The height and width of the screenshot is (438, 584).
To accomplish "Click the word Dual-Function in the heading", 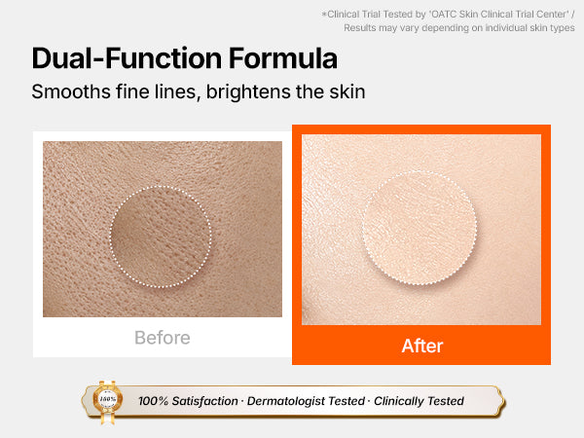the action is pos(128,58).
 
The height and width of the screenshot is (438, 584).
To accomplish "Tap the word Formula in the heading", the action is pos(283,58).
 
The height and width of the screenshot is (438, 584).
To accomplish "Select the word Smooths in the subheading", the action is pos(71,91).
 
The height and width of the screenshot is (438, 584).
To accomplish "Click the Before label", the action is pos(163,338).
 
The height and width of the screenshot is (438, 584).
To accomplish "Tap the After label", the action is pos(422,346).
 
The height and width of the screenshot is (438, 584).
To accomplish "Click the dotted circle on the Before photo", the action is pos(110,237).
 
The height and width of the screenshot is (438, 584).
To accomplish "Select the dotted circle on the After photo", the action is pos(363,228).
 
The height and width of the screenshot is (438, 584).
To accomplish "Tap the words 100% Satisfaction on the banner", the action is pos(188,401).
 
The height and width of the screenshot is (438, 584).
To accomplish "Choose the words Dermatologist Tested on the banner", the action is pos(306,401).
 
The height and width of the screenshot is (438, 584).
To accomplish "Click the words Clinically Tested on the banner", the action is pos(419,401).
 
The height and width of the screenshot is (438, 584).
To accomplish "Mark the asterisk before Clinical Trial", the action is pos(324,14).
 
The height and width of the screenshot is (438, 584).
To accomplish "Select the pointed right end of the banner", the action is pos(504,401).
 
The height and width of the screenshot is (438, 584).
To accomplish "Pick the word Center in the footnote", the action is pos(551,15).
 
